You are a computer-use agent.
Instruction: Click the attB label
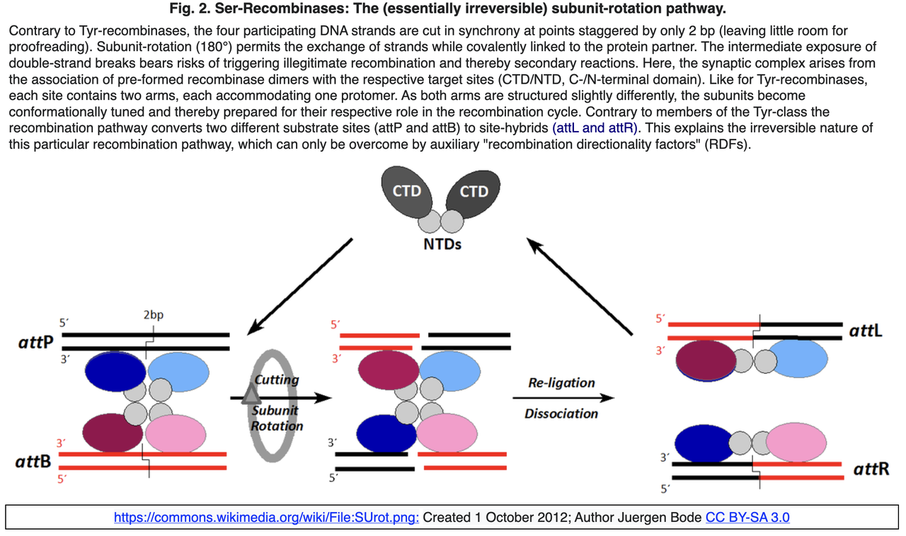coord(33,462)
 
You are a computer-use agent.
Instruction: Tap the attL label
coord(865,331)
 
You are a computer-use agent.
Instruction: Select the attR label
coord(871,469)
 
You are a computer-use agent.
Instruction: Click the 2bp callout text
coord(153,314)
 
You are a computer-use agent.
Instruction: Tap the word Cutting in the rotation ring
coord(276,380)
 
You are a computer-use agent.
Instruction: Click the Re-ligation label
coord(561,382)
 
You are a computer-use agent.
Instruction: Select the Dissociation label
coord(561,414)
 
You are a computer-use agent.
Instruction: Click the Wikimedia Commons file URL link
coord(267,518)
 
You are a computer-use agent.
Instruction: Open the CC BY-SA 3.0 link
coord(747,518)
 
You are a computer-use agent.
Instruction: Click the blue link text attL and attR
coord(595,128)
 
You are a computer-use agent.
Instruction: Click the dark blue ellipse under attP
coord(115,371)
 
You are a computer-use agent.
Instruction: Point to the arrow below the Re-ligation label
coord(562,399)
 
